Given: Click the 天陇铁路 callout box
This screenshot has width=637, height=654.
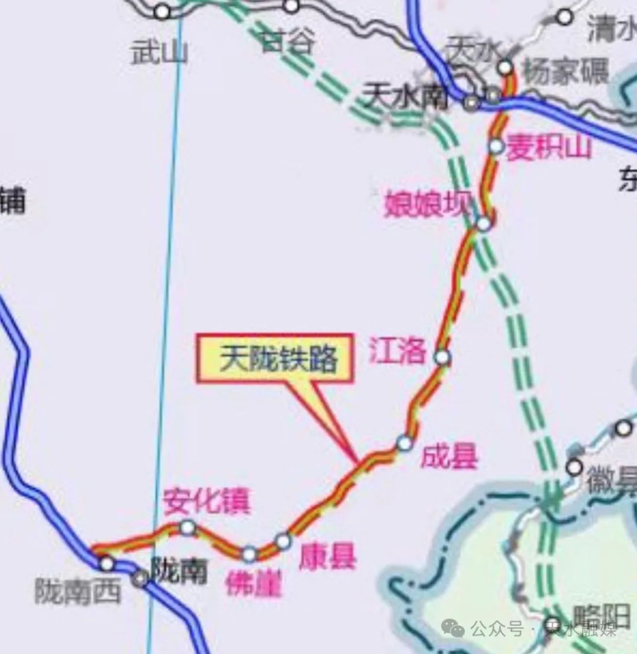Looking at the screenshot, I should pyautogui.click(x=275, y=359).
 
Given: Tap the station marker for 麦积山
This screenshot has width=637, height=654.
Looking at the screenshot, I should pyautogui.click(x=496, y=146).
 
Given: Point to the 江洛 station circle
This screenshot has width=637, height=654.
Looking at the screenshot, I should pyautogui.click(x=442, y=357).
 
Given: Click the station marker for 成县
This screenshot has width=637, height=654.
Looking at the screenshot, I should pyautogui.click(x=404, y=442).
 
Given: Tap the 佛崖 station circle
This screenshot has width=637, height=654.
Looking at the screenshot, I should pyautogui.click(x=249, y=554).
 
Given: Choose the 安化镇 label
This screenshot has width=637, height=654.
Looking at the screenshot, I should pyautogui.click(x=206, y=501).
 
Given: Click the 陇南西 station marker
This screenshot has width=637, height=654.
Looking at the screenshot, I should pyautogui.click(x=107, y=563).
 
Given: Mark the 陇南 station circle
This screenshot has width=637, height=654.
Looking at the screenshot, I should pyautogui.click(x=140, y=579).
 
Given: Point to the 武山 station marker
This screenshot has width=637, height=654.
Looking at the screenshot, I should pyautogui.click(x=162, y=11).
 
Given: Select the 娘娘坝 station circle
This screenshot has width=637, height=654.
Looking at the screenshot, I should pyautogui.click(x=484, y=224).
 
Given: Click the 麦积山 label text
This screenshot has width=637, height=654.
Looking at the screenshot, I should pyautogui.click(x=549, y=147).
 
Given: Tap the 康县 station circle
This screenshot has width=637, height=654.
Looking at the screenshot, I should pyautogui.click(x=283, y=541).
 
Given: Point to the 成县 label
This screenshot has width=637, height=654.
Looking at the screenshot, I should pyautogui.click(x=448, y=457).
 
